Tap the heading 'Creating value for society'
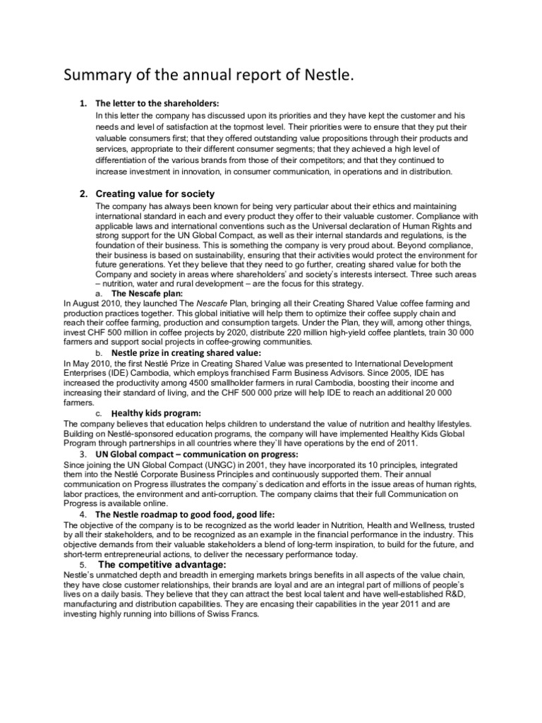[x=155, y=193]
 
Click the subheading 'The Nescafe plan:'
[x=147, y=292]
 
